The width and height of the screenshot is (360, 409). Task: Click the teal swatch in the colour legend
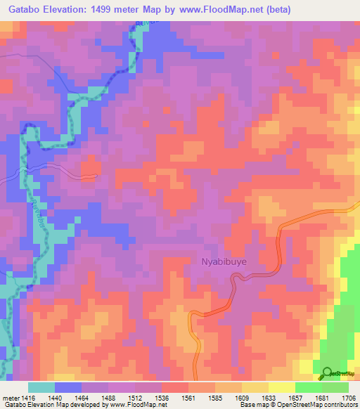click(41, 387)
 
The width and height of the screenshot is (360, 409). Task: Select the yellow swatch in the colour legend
click(281, 387)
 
